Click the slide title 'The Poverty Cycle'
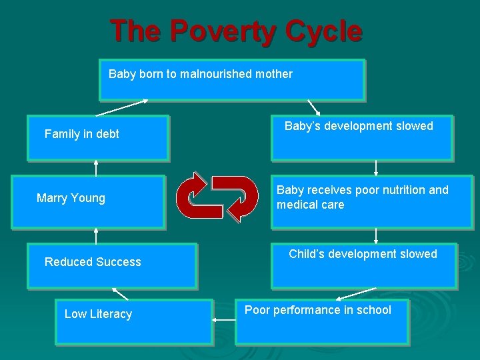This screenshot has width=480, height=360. (x=236, y=31)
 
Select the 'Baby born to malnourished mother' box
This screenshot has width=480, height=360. (x=232, y=80)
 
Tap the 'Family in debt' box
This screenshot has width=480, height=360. (x=98, y=138)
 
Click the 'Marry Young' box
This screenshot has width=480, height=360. (x=88, y=202)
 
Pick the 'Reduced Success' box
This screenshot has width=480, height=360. (x=112, y=265)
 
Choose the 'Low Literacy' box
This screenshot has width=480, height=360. (x=134, y=321)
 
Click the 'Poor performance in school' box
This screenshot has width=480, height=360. (x=321, y=321)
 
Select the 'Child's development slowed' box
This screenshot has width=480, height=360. (x=364, y=265)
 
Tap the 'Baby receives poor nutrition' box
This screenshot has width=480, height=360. (x=371, y=202)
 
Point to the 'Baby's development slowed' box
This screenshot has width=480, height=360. (x=361, y=138)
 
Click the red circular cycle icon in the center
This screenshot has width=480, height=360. (x=217, y=198)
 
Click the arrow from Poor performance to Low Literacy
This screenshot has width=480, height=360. (x=224, y=321)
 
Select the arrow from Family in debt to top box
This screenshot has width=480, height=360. (x=122, y=108)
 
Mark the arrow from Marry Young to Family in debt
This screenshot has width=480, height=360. (x=96, y=168)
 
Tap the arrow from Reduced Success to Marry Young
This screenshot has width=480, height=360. (x=96, y=235)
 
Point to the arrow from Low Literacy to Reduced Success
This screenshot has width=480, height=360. (x=120, y=294)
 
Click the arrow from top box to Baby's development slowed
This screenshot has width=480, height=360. (x=313, y=108)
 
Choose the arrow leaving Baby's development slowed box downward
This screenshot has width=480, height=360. (x=376, y=168)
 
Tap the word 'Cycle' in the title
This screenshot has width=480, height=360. (x=323, y=31)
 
